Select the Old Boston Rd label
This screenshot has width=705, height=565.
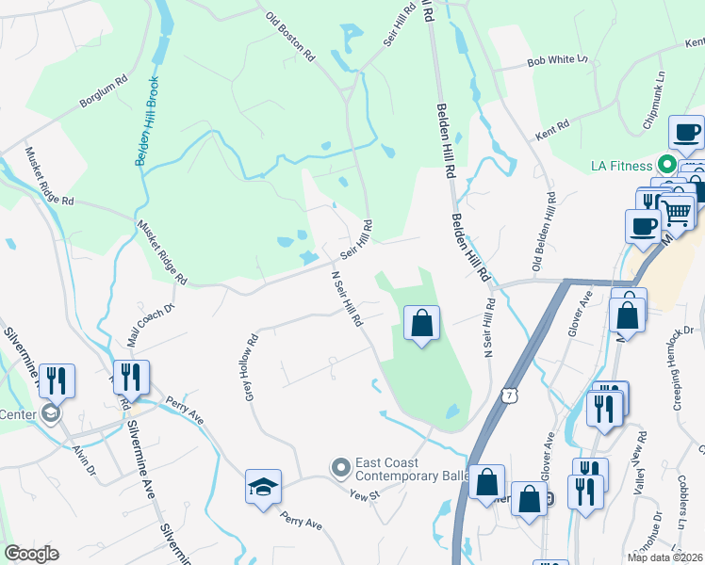tap(289, 37)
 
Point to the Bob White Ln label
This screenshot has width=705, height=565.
tap(557, 60)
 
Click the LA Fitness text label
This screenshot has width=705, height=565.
tap(621, 166)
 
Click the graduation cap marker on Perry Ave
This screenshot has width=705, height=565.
tap(264, 486)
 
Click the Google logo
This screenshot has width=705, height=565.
tap(31, 554)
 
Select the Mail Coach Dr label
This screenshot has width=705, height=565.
tap(151, 317)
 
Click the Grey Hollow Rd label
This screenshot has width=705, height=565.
tap(250, 370)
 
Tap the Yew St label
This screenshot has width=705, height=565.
tap(363, 494)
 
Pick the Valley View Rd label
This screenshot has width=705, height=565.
tap(638, 462)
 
